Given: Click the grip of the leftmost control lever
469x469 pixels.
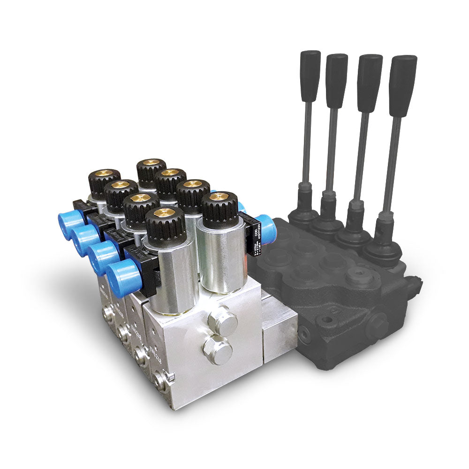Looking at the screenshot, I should (x=310, y=75).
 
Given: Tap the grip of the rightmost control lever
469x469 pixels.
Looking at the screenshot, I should (x=402, y=84).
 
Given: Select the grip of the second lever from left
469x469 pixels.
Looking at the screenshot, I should (x=337, y=80).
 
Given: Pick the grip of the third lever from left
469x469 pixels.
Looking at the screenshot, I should (x=369, y=82).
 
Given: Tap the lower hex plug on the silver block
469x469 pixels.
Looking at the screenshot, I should (x=217, y=349).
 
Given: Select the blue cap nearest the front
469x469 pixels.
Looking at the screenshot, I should (x=123, y=278).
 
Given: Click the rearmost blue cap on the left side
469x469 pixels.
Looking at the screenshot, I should (x=70, y=224).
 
